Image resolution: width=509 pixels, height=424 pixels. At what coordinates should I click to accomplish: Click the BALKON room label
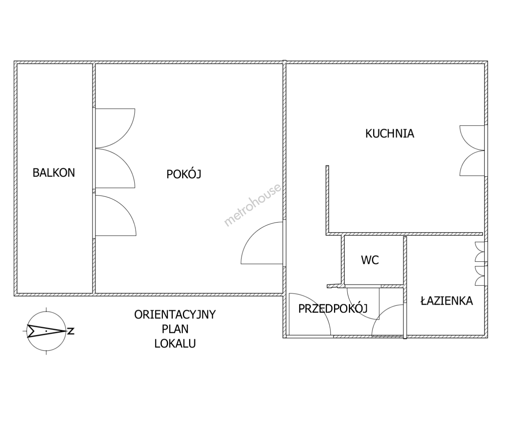click(54, 173)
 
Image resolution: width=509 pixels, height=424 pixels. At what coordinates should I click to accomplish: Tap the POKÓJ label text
click(184, 174)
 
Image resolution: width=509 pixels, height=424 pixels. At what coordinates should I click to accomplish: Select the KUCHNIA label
click(390, 133)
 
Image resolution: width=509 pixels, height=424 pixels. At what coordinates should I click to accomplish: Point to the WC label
click(370, 260)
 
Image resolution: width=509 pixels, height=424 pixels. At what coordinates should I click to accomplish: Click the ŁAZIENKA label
click(447, 300)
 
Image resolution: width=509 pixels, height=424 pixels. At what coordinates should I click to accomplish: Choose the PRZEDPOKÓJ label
click(333, 308)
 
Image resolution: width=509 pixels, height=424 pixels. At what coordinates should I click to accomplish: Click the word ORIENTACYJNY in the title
click(175, 314)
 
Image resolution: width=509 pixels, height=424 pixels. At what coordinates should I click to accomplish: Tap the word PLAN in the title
click(175, 329)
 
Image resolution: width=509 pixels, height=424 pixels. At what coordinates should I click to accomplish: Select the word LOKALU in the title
click(175, 344)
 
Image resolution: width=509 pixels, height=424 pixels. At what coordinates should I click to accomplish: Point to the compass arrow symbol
click(46, 331)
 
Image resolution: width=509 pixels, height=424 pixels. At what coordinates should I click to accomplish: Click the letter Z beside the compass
click(71, 331)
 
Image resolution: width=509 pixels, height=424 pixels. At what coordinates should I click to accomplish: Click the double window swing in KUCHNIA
click(472, 150)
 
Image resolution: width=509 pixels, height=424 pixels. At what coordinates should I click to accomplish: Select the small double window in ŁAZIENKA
click(480, 263)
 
